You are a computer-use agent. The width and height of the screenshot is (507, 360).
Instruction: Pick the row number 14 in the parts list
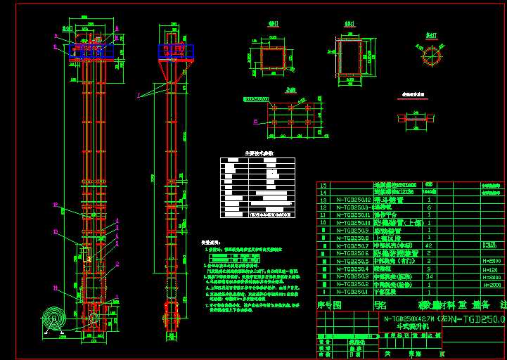[x=324, y=192]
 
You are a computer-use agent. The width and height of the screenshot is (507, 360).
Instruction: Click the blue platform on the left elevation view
[x=93, y=51]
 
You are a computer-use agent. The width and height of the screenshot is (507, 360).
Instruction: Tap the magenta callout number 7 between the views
[x=139, y=94]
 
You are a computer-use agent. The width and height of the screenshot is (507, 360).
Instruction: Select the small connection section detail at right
[x=413, y=117]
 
